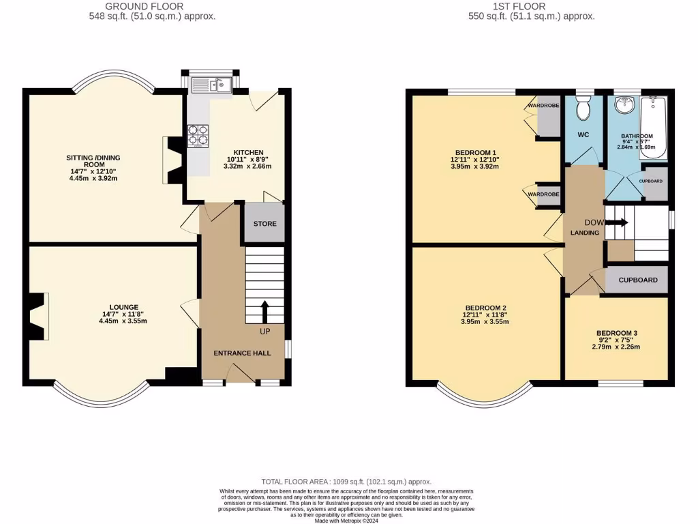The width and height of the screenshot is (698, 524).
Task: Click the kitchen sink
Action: (x=212, y=85)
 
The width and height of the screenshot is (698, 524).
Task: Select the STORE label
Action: (x=264, y=224)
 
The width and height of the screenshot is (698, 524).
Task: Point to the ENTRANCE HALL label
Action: (x=242, y=353)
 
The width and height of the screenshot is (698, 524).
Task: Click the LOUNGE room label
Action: (x=123, y=307)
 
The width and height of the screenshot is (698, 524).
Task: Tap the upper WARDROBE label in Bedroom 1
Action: (x=544, y=106)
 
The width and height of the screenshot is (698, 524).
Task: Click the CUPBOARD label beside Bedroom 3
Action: (x=638, y=280)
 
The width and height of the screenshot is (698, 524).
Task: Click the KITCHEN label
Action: (x=248, y=152)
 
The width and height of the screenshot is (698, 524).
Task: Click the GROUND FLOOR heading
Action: (x=144, y=6)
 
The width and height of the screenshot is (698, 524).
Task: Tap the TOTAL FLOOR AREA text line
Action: (x=346, y=481)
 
